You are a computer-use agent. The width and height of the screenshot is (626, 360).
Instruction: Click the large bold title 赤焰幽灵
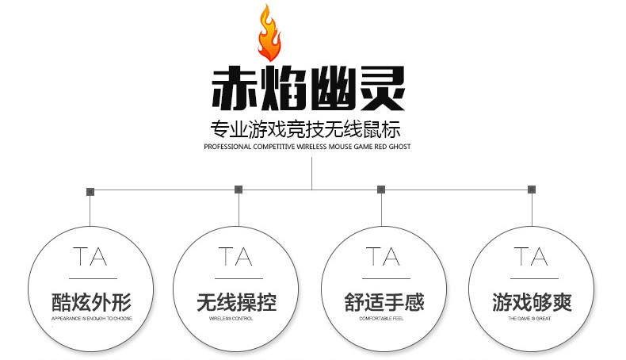click(x=308, y=89)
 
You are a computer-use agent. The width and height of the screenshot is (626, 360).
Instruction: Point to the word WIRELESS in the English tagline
click(x=319, y=147)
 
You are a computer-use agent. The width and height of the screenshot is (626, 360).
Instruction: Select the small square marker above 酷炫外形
click(x=90, y=191)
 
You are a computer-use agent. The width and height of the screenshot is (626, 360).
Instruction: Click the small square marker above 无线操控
click(x=239, y=190)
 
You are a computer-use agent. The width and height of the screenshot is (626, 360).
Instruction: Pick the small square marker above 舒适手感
click(x=381, y=190)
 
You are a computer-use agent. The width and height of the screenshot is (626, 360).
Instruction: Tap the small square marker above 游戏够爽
click(x=531, y=190)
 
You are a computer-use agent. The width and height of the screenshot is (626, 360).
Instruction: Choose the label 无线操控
click(x=236, y=303)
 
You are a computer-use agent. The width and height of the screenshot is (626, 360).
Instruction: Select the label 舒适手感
click(x=384, y=303)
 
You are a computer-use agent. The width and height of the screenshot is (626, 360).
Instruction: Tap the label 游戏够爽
click(x=532, y=303)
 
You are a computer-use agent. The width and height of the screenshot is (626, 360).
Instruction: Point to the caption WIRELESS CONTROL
click(x=236, y=319)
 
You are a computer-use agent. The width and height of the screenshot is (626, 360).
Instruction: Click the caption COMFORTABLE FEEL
click(x=384, y=319)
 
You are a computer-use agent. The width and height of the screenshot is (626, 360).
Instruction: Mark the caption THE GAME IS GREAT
click(x=532, y=319)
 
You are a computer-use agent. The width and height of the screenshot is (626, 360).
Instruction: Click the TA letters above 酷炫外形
click(x=90, y=257)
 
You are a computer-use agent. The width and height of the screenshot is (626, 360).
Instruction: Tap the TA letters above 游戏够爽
click(x=531, y=257)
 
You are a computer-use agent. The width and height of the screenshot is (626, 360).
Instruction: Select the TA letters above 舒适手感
click(x=384, y=257)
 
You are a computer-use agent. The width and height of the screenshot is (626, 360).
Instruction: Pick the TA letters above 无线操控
click(x=235, y=257)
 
